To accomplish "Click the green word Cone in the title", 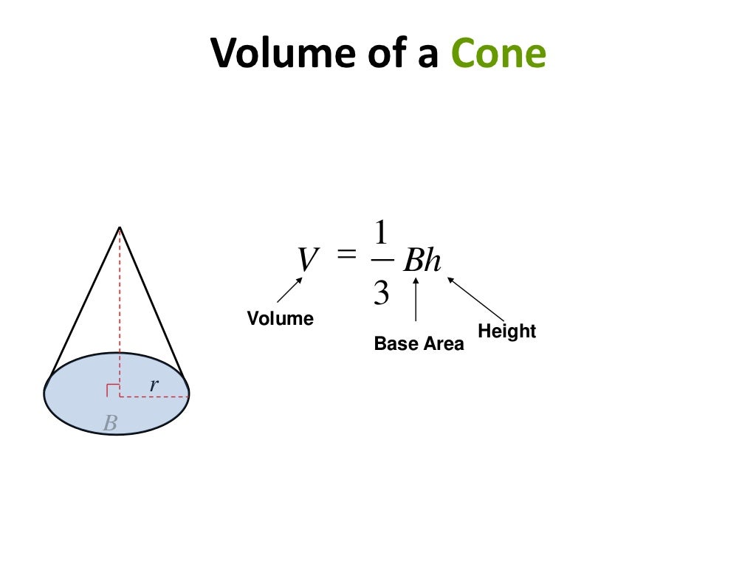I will click(498, 54).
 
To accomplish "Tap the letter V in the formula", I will click(308, 260).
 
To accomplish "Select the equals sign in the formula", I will click(346, 254).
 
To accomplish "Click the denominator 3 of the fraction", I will click(381, 293).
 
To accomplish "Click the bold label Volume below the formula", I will click(280, 318).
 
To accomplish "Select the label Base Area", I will click(419, 343).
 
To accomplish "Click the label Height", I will click(506, 331).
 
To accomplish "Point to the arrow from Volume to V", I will click(289, 290).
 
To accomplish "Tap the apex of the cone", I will click(120, 227).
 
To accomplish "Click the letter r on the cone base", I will click(154, 384).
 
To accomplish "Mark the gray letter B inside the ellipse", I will click(110, 423).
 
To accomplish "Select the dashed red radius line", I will click(154, 396).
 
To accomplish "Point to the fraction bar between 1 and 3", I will click(381, 261).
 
